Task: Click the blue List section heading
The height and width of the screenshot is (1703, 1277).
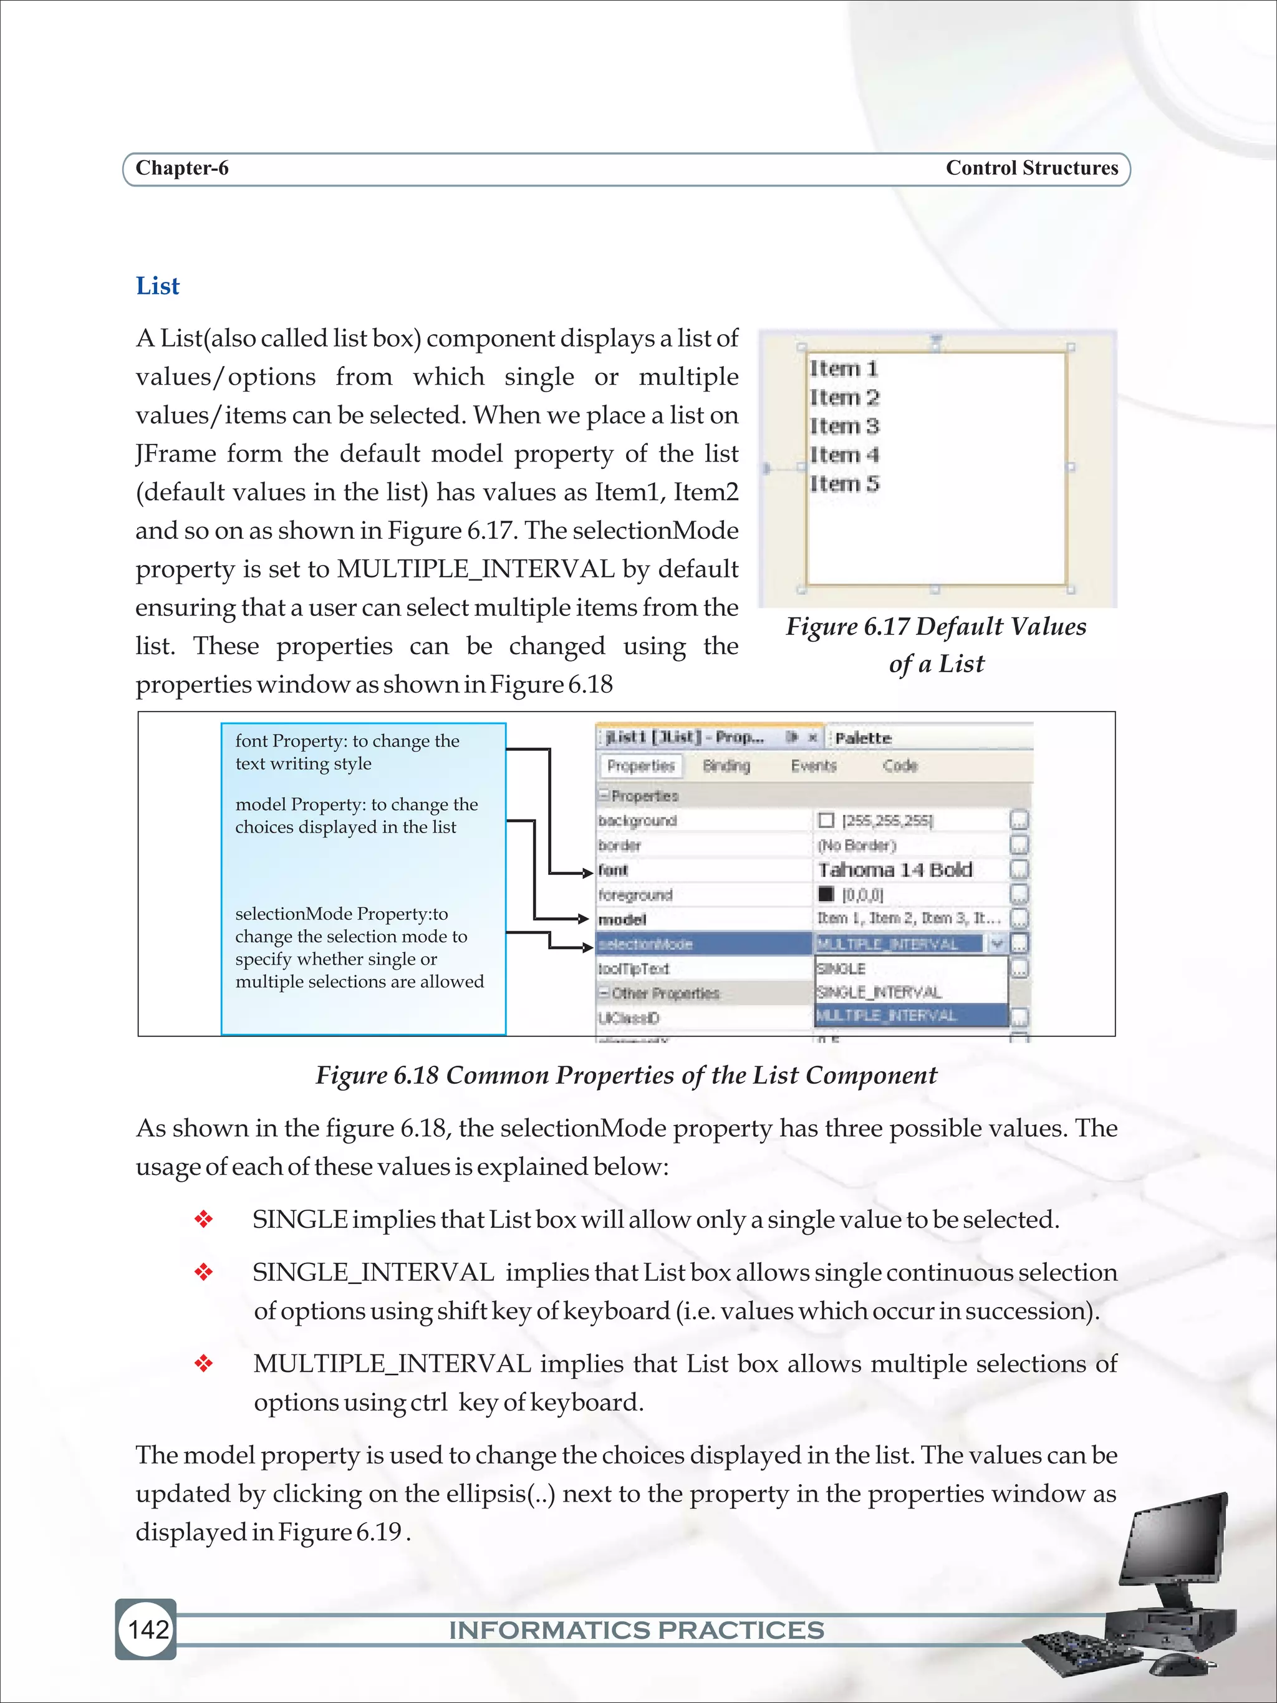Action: pyautogui.click(x=157, y=286)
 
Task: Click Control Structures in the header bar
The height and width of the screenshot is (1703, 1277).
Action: pyautogui.click(x=1031, y=168)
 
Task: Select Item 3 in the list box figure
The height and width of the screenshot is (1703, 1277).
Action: pyautogui.click(x=844, y=427)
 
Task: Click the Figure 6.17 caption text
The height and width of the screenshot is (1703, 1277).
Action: pyautogui.click(x=935, y=644)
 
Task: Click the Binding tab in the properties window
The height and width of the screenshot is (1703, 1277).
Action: pyautogui.click(x=726, y=766)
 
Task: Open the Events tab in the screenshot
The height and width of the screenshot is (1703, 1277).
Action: pyautogui.click(x=813, y=766)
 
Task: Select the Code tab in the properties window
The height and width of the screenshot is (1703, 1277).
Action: pyautogui.click(x=900, y=766)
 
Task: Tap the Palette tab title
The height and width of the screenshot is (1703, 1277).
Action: pyautogui.click(x=863, y=738)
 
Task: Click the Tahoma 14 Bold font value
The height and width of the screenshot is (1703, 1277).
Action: pyautogui.click(x=894, y=870)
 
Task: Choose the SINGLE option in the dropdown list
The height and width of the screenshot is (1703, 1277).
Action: pyautogui.click(x=841, y=968)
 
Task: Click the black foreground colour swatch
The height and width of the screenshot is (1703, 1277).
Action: pyautogui.click(x=826, y=894)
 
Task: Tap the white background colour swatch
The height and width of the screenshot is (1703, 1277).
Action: pyautogui.click(x=826, y=821)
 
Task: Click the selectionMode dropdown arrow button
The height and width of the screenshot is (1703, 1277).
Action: pyautogui.click(x=997, y=943)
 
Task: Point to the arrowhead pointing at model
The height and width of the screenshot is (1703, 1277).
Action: pyautogui.click(x=583, y=919)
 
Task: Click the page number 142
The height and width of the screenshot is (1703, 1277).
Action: pyautogui.click(x=148, y=1629)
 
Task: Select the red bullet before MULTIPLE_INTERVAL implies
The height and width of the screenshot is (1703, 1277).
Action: pyautogui.click(x=203, y=1364)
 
